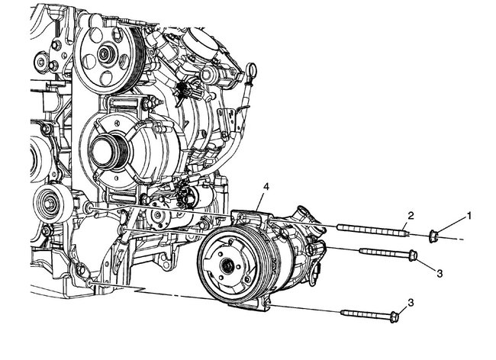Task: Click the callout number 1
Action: (x=469, y=216)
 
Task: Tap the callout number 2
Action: (x=411, y=216)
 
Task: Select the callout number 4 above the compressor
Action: (x=266, y=187)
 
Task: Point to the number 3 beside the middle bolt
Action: (x=440, y=273)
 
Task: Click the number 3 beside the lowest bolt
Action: (x=411, y=303)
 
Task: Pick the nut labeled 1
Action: (x=433, y=236)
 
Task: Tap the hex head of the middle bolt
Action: (x=413, y=255)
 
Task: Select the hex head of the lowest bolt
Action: (x=394, y=317)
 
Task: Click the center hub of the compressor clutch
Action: (x=227, y=266)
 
